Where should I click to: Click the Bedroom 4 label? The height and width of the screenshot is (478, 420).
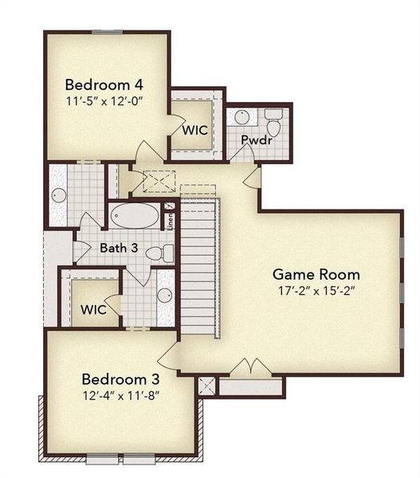[x=104, y=84]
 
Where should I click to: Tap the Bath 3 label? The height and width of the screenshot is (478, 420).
[x=119, y=248]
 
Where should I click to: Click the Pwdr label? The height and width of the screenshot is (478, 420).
[x=253, y=140]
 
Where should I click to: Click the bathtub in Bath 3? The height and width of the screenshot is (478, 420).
[x=135, y=216]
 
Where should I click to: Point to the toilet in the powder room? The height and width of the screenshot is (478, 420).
[x=273, y=123]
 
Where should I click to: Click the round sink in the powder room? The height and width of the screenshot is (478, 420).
[x=242, y=117]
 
